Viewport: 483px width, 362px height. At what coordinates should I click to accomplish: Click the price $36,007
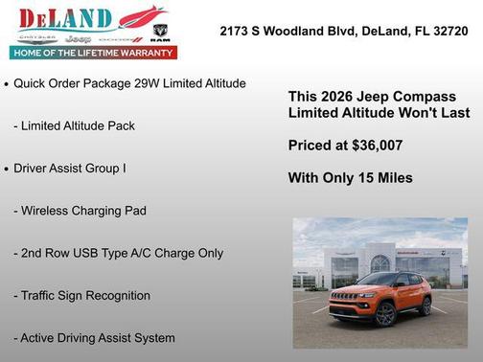coord(374,146)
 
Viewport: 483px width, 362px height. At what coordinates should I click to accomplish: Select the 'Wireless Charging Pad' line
coord(80,211)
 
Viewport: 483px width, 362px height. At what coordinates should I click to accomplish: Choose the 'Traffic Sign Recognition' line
coord(81,296)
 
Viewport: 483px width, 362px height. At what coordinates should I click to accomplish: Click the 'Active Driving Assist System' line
coord(94,338)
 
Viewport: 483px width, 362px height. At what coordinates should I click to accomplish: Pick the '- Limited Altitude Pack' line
coord(74,126)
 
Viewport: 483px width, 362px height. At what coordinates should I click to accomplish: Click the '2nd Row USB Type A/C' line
coord(118,254)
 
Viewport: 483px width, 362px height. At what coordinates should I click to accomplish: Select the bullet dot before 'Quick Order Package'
coord(7,84)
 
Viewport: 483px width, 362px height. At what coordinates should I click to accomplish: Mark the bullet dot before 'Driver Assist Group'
coord(7,169)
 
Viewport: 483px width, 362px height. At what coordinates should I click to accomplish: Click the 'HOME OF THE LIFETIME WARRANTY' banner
coord(93,53)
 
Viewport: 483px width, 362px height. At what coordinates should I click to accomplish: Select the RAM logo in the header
coord(160,35)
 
